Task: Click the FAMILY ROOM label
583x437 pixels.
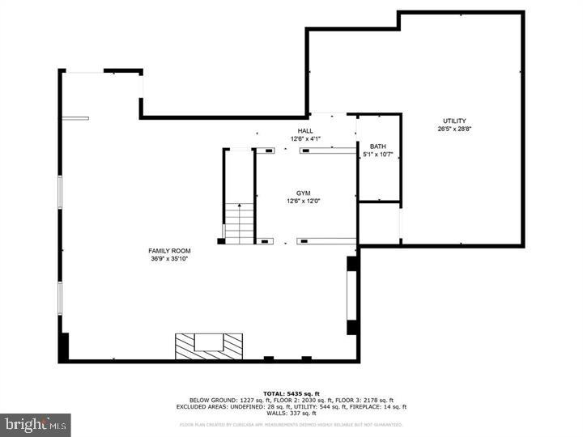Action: pyautogui.click(x=170, y=251)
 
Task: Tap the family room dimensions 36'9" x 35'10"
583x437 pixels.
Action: pyautogui.click(x=170, y=259)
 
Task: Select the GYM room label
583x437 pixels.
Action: pyautogui.click(x=304, y=193)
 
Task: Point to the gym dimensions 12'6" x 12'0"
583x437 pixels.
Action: pyautogui.click(x=304, y=201)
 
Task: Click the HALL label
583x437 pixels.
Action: pyautogui.click(x=305, y=131)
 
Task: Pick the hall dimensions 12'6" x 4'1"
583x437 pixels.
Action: pyautogui.click(x=305, y=139)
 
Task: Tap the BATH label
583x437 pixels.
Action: pyautogui.click(x=378, y=146)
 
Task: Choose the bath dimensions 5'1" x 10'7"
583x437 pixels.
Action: pyautogui.click(x=378, y=155)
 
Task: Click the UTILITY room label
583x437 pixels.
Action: pyautogui.click(x=453, y=121)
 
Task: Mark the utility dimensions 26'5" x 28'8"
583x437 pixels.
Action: pyautogui.click(x=453, y=129)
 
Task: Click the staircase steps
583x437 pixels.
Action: pyautogui.click(x=239, y=223)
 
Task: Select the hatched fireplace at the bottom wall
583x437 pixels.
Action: pyautogui.click(x=209, y=346)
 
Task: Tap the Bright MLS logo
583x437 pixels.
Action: pyautogui.click(x=36, y=425)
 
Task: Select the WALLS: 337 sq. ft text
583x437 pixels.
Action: pyautogui.click(x=291, y=414)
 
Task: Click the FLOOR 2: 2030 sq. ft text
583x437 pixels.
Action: pyautogui.click(x=296, y=400)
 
